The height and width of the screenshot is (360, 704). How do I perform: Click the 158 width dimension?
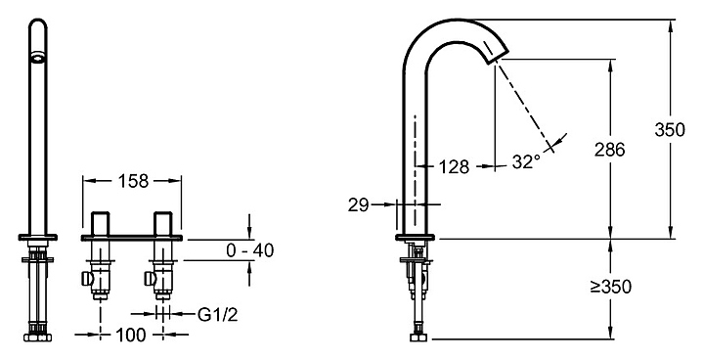(x=132, y=181)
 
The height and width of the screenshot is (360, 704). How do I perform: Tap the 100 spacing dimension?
(x=131, y=335)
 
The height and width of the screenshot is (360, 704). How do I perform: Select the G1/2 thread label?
(x=218, y=315)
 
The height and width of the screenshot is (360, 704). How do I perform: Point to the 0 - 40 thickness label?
(x=249, y=250)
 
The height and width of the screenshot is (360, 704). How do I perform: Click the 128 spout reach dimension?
(x=454, y=166)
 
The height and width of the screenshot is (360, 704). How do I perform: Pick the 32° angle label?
(x=526, y=161)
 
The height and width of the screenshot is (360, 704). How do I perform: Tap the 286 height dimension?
(x=609, y=150)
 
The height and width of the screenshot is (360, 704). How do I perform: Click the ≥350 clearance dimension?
(x=610, y=287)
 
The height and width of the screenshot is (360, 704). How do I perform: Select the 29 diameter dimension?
(x=358, y=204)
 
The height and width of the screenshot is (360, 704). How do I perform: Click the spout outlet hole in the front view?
(x=38, y=57)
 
